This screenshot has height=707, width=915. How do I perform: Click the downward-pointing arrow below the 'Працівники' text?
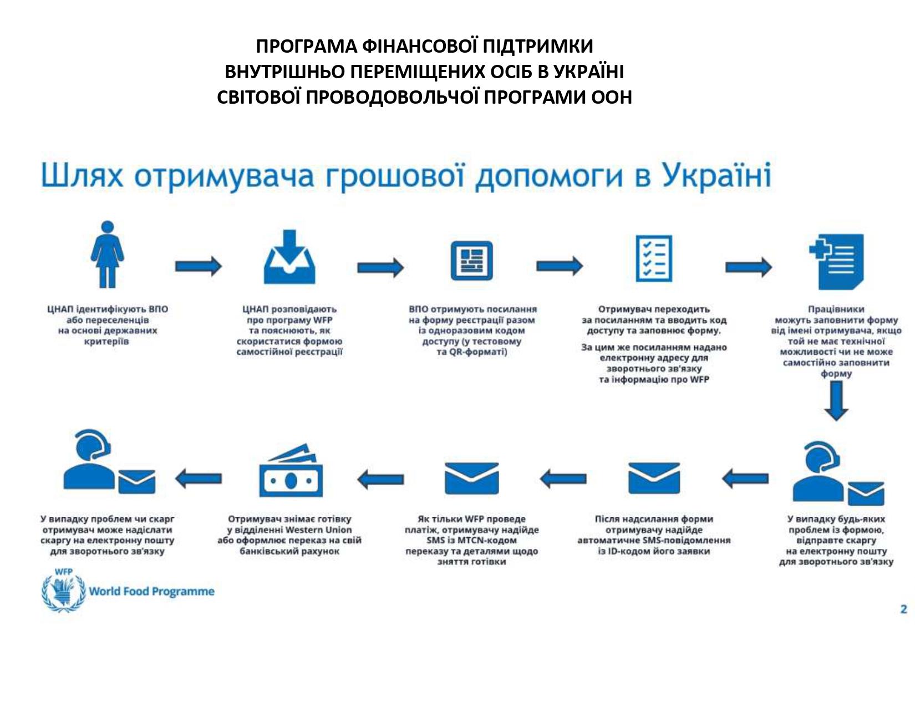[836, 401]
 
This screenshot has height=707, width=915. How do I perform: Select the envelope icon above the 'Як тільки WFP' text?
[471, 478]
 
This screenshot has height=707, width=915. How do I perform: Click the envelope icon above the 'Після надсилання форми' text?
[654, 478]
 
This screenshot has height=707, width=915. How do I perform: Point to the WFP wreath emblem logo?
[63, 592]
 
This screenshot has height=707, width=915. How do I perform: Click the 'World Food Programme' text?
[151, 592]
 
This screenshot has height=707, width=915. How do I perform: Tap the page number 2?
[903, 609]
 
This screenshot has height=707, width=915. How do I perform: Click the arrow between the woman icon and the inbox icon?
[198, 267]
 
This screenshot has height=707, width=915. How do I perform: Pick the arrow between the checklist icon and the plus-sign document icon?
[748, 267]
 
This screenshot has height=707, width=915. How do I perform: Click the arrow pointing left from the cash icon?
[198, 478]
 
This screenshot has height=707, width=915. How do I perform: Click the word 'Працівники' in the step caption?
[836, 309]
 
